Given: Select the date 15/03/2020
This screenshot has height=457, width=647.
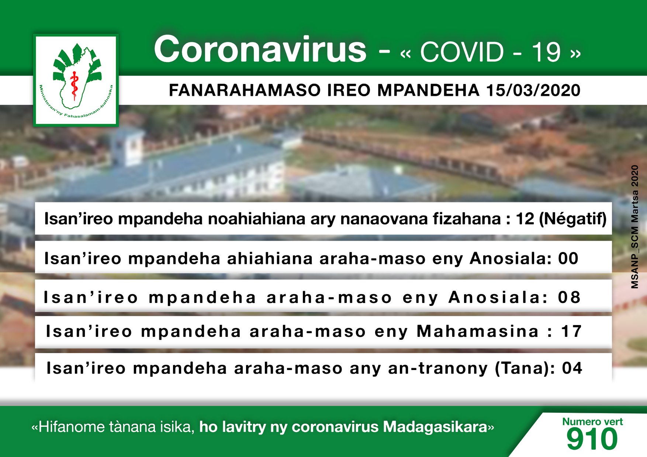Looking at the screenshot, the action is click(533, 90).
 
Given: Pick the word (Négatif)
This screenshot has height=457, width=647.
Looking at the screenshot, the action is click(573, 219).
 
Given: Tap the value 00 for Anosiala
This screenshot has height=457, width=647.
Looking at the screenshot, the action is click(568, 258).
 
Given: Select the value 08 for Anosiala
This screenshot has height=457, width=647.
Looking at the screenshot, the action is click(569, 297).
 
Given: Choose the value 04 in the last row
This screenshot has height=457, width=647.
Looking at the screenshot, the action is click(572, 368).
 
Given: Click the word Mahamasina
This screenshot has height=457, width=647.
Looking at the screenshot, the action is click(478, 331).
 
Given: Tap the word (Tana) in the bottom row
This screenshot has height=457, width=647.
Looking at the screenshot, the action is click(525, 369).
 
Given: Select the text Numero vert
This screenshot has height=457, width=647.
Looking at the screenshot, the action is click(592, 421).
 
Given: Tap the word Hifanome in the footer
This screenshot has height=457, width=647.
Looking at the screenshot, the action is click(71, 427).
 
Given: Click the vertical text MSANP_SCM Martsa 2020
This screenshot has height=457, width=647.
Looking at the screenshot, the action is click(634, 227).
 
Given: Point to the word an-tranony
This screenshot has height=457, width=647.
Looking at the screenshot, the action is click(438, 369).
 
